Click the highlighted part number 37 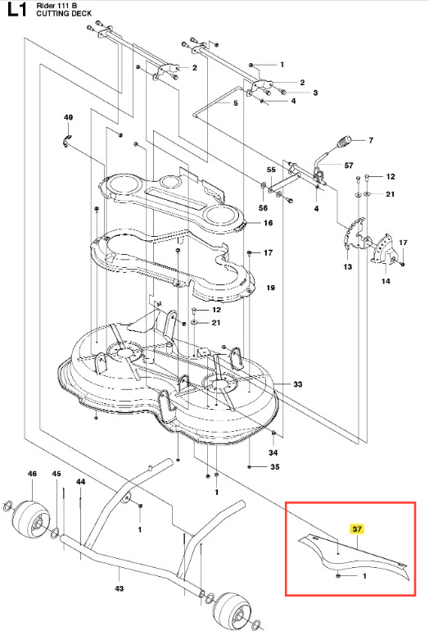click(x=357, y=529)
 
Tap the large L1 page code click(x=17, y=10)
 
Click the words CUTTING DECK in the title click(x=64, y=13)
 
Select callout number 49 click(x=68, y=117)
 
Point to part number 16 click(x=269, y=223)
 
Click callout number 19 click(x=271, y=288)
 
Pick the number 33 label click(x=297, y=384)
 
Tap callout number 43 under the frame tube click(x=120, y=588)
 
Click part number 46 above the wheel click(x=32, y=474)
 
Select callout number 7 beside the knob click(x=371, y=140)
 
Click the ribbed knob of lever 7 click(x=344, y=142)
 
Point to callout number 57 click(x=349, y=166)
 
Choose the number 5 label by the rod click(x=236, y=103)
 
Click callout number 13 click(x=348, y=266)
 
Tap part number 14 click(x=386, y=281)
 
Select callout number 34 click(x=273, y=452)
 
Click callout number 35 click(x=275, y=467)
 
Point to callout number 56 click(x=263, y=207)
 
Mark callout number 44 click(x=80, y=481)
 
